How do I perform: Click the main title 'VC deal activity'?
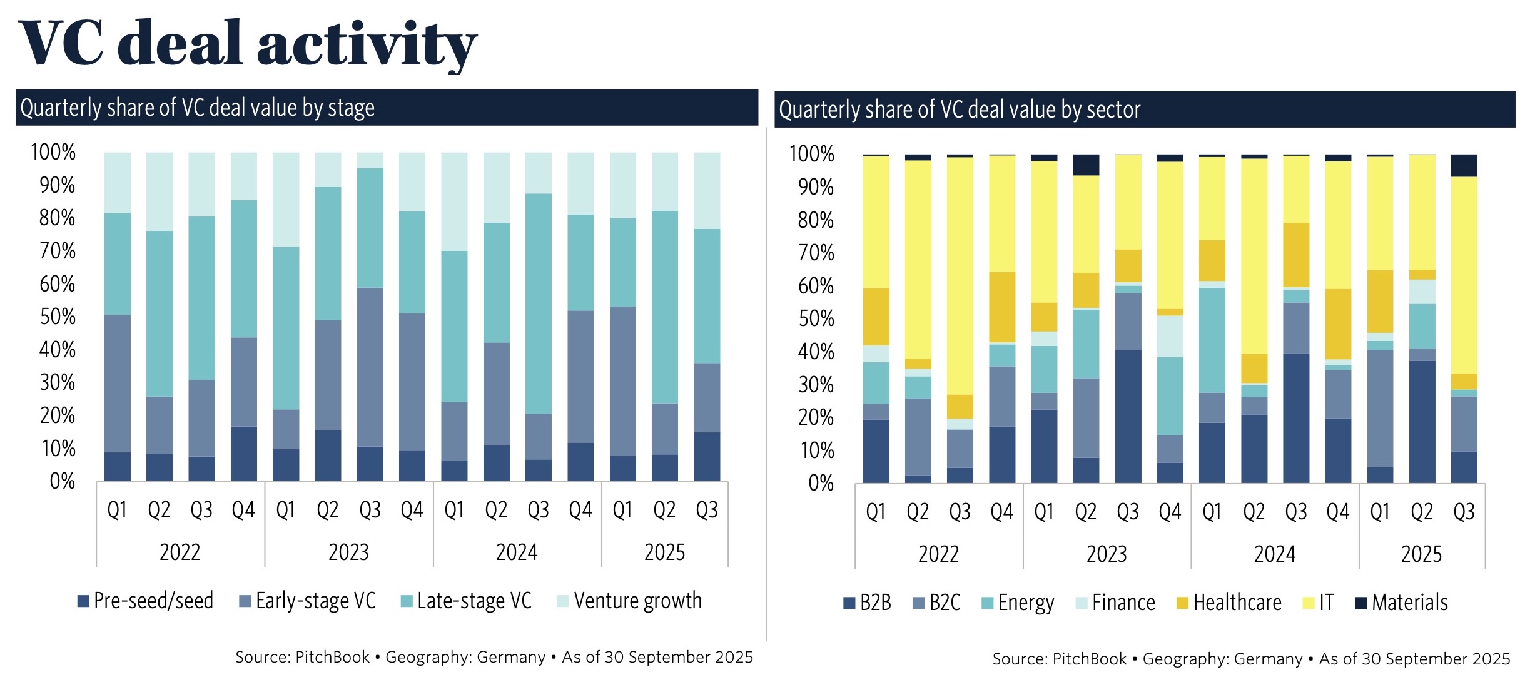coord(248,44)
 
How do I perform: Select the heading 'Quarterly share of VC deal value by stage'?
coord(198,108)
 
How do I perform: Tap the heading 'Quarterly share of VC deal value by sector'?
coord(960,109)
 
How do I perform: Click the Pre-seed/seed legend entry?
coord(146,601)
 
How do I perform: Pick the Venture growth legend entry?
coord(630,601)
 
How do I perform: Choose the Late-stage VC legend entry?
coord(467,601)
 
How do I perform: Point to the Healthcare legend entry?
coord(1229,603)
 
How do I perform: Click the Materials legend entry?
coord(1402,603)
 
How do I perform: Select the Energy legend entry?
coord(1018,603)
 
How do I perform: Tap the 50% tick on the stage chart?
coord(57,317)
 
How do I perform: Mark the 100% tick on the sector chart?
coord(812,154)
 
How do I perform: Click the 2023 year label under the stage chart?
coord(348,552)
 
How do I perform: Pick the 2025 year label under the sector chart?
coord(1421,554)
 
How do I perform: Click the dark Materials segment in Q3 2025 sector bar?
coord(1464,166)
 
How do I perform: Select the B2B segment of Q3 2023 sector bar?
coord(1128,416)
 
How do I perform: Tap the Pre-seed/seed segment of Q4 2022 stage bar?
coord(244,454)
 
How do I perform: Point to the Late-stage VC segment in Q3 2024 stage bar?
coord(539,303)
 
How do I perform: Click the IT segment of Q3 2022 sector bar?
coord(960,275)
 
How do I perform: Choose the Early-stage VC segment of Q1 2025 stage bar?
coord(623,382)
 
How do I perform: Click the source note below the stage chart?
coord(494,657)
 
